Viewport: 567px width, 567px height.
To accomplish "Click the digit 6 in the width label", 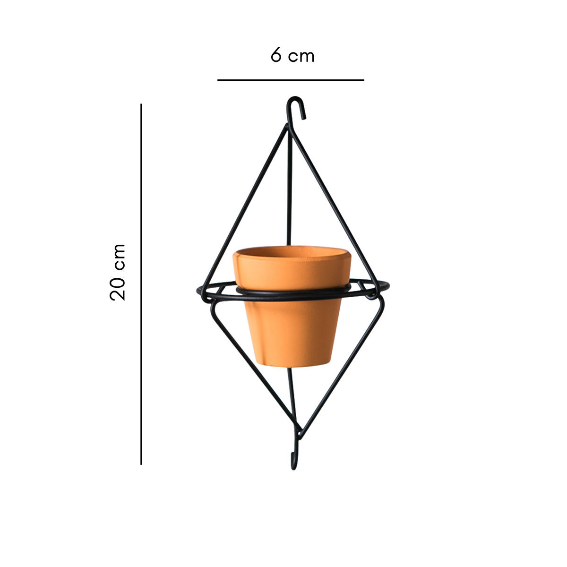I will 276,55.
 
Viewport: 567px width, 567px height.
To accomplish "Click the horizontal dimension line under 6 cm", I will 291,80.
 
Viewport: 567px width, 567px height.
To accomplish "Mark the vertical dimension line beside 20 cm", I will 141,283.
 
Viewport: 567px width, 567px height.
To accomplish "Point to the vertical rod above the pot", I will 290,198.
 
